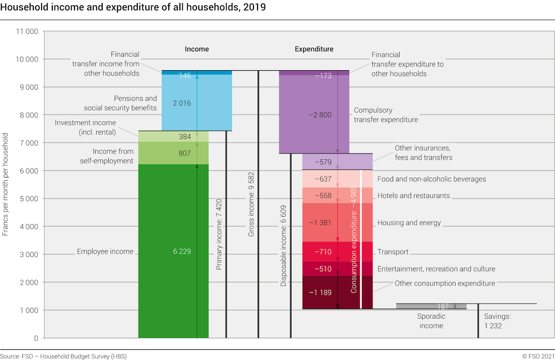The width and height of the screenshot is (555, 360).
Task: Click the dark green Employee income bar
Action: pyautogui.click(x=173, y=251)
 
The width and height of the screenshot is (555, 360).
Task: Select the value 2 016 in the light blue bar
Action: pyautogui.click(x=182, y=103)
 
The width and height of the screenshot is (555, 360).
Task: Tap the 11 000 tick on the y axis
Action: pyautogui.click(x=27, y=31)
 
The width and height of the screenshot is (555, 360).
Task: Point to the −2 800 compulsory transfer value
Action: pyautogui.click(x=320, y=115)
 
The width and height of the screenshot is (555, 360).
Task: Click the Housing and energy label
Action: pyautogui.click(x=409, y=223)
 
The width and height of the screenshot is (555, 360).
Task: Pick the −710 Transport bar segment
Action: pyautogui.click(x=338, y=251)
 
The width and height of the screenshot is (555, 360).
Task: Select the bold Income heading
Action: pyautogui.click(x=197, y=49)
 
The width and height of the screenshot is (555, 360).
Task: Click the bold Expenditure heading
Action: pyautogui.click(x=314, y=49)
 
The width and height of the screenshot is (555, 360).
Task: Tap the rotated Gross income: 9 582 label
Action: pyautogui.click(x=251, y=204)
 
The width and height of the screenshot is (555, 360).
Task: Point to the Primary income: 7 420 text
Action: pyautogui.click(x=219, y=234)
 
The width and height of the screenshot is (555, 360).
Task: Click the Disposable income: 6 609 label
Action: pyautogui.click(x=283, y=246)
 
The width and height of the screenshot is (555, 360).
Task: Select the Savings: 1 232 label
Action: pyautogui.click(x=497, y=321)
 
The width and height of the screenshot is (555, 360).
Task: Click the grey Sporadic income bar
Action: pyautogui.click(x=432, y=306)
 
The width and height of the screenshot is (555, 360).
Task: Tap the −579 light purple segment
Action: pyautogui.click(x=338, y=162)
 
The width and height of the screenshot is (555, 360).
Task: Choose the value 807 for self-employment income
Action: pyautogui.click(x=185, y=153)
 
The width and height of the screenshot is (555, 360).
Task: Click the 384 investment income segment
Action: pyautogui.click(x=173, y=136)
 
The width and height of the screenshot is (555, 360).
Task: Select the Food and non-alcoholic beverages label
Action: pyautogui.click(x=432, y=179)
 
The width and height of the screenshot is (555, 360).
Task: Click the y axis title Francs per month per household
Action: pyautogui.click(x=5, y=184)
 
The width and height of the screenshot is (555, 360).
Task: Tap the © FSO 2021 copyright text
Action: pyautogui.click(x=538, y=356)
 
